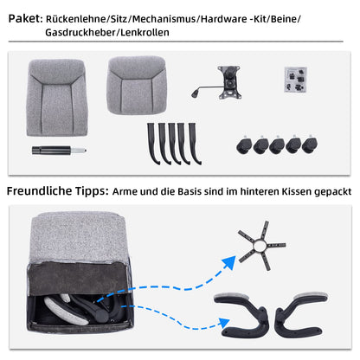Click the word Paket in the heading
(25, 19)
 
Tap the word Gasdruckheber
(80, 32)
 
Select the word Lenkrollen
(145, 32)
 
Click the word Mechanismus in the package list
(164, 19)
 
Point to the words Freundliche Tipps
(58, 191)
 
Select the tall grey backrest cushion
(56, 98)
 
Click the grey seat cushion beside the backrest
(137, 86)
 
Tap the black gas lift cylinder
(59, 151)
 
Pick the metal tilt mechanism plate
(229, 82)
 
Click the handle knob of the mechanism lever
(195, 93)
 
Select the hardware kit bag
(295, 80)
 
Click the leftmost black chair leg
(152, 144)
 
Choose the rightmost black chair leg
(195, 144)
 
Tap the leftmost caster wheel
(244, 145)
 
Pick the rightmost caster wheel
(310, 145)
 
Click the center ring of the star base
(260, 246)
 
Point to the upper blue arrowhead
(228, 262)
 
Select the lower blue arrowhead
(224, 324)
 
